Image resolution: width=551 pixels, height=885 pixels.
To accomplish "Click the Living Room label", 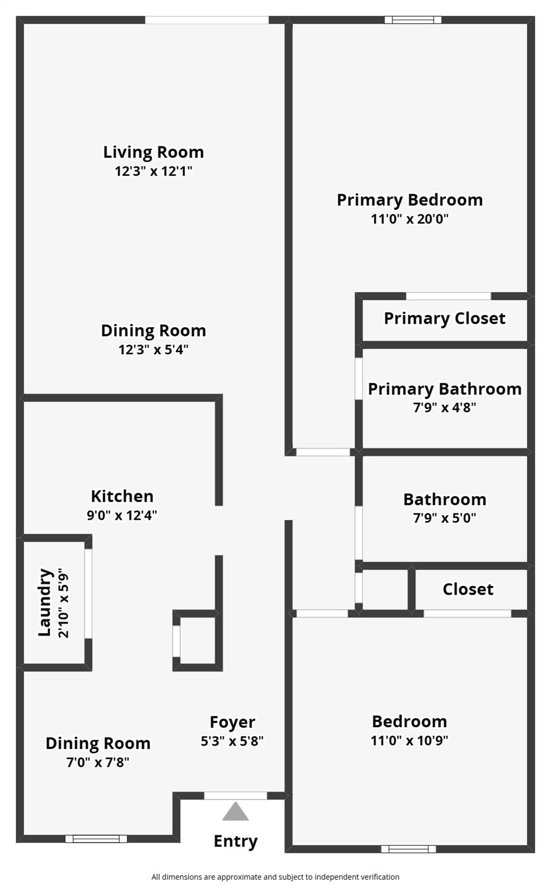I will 153,152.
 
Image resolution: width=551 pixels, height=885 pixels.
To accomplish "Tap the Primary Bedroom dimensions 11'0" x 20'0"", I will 409,219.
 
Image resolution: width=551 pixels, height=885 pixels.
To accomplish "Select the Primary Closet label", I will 444,318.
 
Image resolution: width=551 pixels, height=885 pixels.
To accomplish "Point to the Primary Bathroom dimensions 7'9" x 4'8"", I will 444,407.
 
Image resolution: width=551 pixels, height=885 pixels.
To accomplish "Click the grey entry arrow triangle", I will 235,812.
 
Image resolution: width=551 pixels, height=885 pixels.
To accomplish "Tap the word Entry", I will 235,841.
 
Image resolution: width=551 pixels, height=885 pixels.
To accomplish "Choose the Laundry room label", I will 45,602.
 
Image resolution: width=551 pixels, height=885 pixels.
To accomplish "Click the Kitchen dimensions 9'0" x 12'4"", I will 122,515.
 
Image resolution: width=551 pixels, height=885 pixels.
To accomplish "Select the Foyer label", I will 232,722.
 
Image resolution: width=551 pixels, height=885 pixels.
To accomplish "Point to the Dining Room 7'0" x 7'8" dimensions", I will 97,762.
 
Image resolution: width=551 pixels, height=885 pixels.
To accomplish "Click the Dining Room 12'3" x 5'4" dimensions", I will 153,350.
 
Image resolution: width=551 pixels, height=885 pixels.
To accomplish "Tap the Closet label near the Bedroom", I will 468,589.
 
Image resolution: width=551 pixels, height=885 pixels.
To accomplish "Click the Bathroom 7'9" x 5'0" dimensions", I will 444,518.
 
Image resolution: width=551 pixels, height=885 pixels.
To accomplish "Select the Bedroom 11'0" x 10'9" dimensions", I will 409,740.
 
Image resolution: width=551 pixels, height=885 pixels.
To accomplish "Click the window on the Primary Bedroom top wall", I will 413,20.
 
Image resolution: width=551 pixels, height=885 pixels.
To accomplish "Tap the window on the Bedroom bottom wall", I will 409,849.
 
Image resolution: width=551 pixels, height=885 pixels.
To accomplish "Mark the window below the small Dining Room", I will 96,838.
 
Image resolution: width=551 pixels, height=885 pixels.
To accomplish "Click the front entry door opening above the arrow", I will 235,796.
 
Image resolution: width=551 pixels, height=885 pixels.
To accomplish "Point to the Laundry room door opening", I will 88,593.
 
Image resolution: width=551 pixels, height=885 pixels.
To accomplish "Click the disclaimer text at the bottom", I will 275,877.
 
